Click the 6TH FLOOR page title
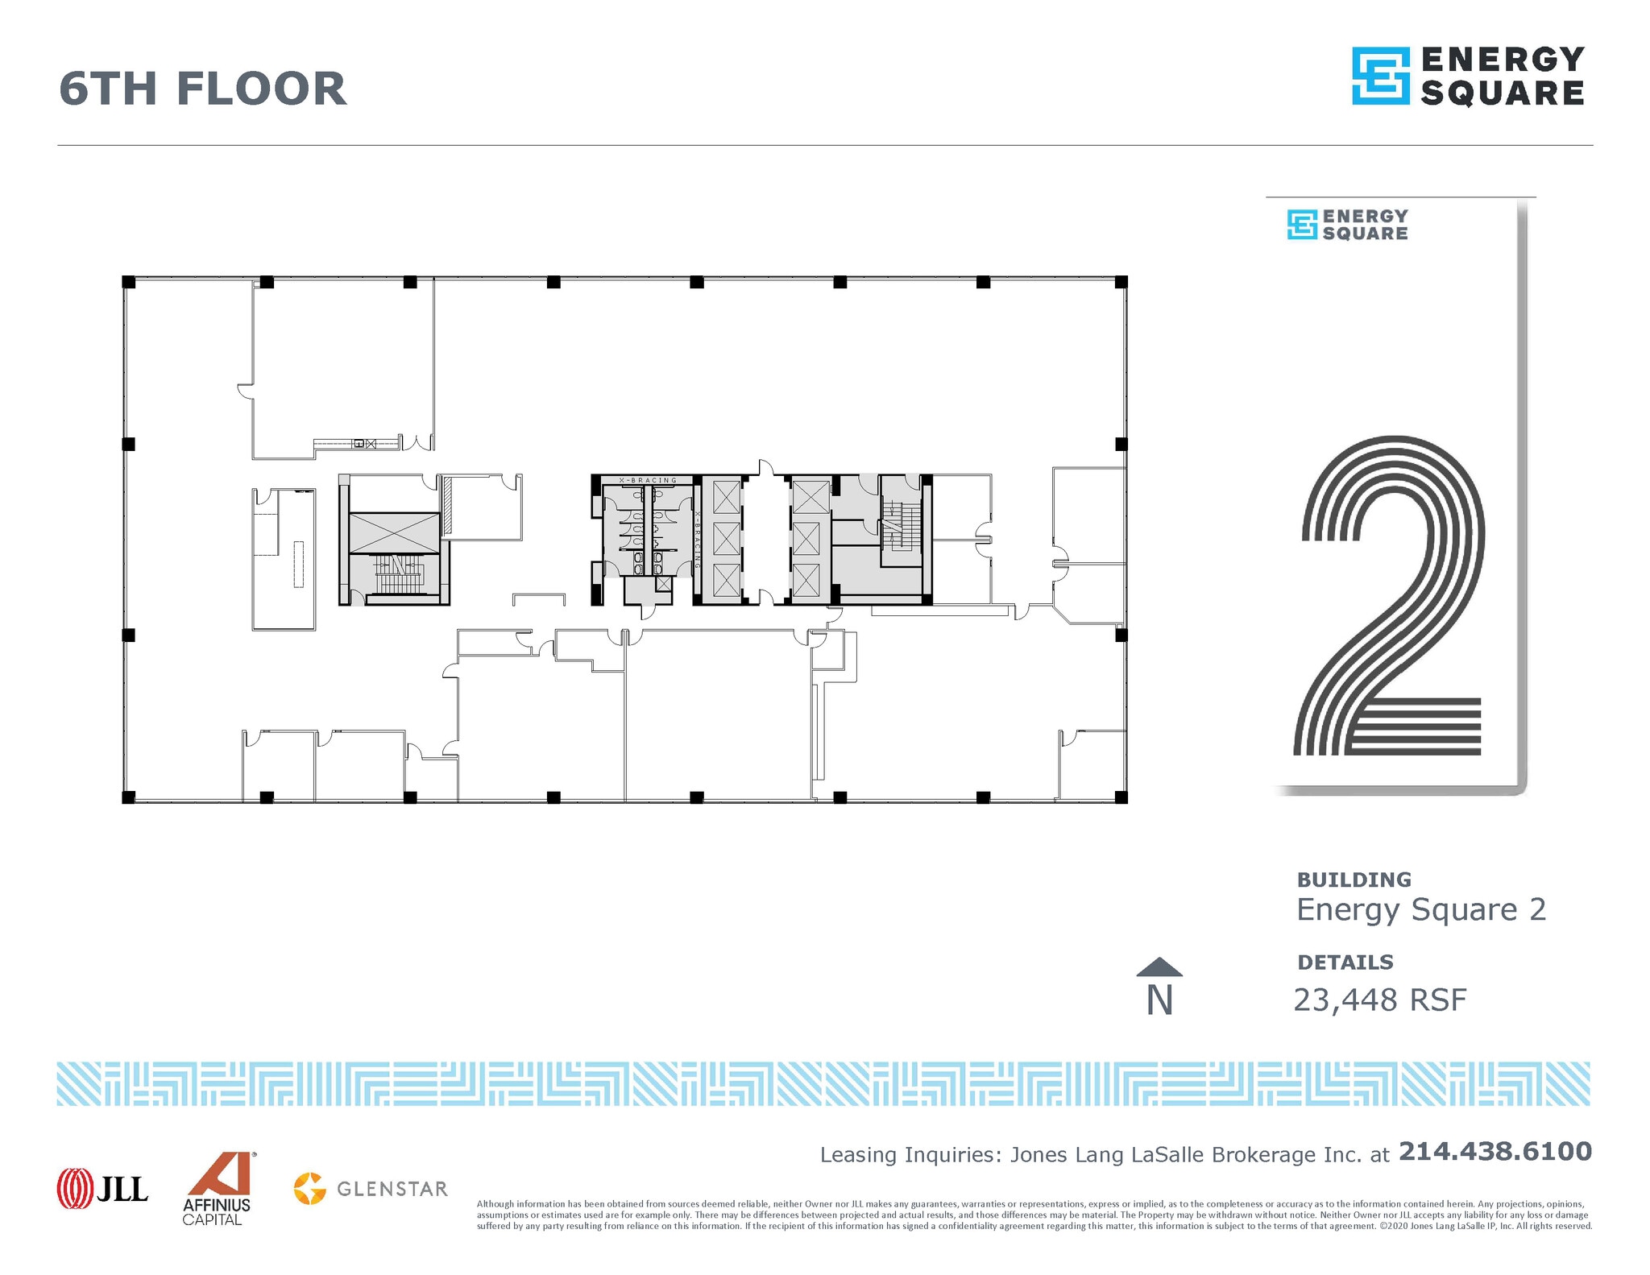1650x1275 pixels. point(203,89)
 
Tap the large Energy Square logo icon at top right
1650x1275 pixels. point(1380,76)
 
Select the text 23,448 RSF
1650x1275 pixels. point(1379,1000)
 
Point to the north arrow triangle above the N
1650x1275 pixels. point(1159,967)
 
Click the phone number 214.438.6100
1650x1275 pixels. point(1495,1151)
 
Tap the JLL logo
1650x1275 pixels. point(102,1188)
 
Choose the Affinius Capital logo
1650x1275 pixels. point(218,1188)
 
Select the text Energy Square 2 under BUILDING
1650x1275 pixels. point(1421,909)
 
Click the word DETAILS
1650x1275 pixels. point(1345,962)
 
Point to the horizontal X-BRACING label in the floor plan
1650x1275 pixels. point(648,481)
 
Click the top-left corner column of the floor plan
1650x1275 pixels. point(128,282)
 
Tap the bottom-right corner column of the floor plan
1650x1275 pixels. point(1121,797)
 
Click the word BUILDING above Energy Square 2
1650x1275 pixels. point(1354,880)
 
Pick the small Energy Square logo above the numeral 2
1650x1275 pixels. point(1347,225)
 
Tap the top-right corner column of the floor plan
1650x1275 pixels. point(1121,282)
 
